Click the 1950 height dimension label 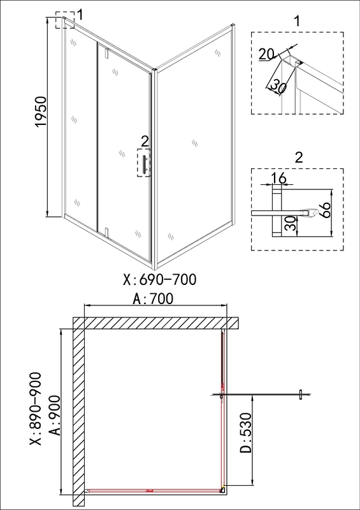(41, 112)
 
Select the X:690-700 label (160, 279)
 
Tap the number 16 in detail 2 (278, 178)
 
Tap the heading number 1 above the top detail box (296, 22)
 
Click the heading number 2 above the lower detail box (299, 157)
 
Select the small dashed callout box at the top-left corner (65, 20)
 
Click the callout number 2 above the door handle (145, 141)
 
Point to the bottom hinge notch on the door (106, 231)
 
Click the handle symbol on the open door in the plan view (301, 395)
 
